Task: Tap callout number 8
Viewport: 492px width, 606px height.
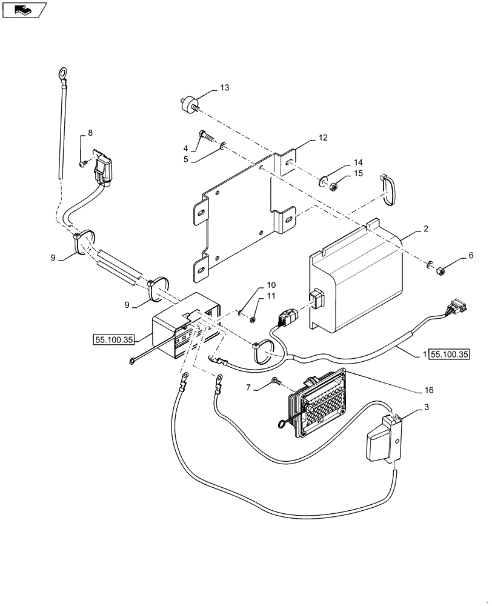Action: click(90, 132)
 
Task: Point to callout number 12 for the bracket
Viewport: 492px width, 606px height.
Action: click(322, 138)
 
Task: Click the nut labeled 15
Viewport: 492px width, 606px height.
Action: click(333, 187)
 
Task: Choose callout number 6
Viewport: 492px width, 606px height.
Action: click(471, 257)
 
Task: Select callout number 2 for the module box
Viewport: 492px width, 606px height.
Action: click(426, 230)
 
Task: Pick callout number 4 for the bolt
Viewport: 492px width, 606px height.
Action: click(186, 148)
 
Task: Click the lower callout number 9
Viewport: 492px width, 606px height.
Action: click(127, 305)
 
